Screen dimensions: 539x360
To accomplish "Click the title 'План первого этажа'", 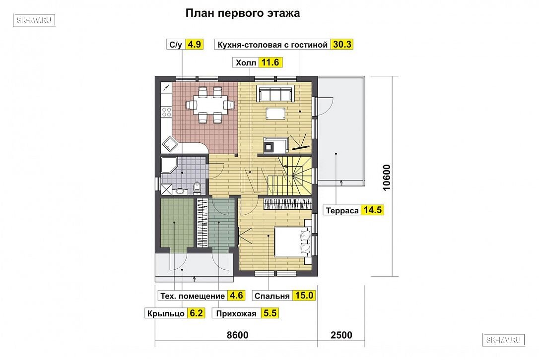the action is [243, 13].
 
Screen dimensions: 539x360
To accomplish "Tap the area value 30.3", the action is [342, 44].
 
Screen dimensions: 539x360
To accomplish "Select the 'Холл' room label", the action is [246, 63].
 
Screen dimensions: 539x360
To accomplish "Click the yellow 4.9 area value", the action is [194, 44].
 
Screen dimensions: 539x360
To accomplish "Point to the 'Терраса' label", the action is [342, 211].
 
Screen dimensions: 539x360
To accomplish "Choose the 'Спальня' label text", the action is [272, 296].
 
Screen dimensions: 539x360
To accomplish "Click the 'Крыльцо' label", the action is [166, 313].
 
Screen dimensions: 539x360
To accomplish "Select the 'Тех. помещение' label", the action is [193, 296].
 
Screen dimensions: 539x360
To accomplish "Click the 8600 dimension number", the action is [238, 335].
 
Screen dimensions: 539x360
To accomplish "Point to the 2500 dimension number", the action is [341, 335].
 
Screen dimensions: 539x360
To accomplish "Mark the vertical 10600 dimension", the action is [387, 177].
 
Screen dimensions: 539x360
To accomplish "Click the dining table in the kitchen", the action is [209, 105].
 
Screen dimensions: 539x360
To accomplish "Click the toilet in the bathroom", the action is [197, 187].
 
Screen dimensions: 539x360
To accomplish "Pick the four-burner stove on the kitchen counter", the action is [166, 112].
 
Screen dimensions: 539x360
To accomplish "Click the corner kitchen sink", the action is [170, 144].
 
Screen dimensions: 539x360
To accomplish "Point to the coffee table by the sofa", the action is [275, 113].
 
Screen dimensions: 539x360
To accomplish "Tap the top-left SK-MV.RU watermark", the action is [34, 20].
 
